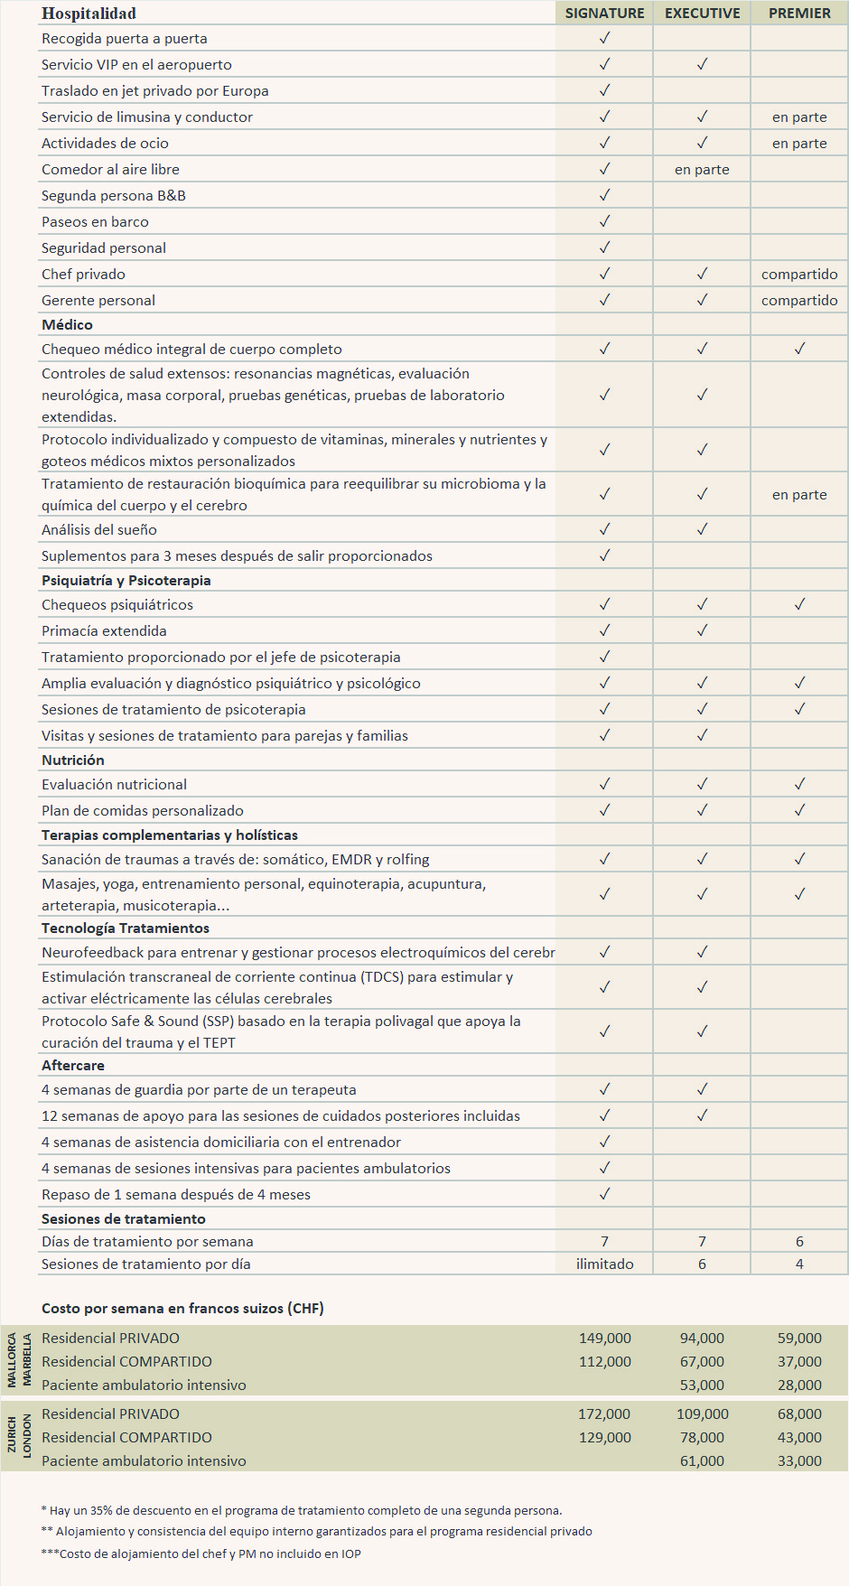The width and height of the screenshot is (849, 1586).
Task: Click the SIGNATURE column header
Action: [604, 14]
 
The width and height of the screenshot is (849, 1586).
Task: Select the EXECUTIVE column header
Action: [702, 14]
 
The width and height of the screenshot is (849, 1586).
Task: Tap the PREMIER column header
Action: [799, 14]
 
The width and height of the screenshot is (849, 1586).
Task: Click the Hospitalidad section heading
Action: [89, 14]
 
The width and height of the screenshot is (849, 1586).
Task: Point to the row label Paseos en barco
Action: [95, 222]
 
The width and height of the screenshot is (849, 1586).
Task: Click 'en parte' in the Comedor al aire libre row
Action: [702, 170]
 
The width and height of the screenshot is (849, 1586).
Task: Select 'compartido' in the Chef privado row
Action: [799, 275]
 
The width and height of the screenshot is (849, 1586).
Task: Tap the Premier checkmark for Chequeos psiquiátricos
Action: [799, 604]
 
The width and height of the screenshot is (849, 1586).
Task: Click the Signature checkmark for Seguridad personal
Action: [604, 247]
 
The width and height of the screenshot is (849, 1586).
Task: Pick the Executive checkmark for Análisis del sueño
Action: [702, 529]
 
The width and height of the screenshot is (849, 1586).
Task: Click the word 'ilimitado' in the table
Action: [604, 1264]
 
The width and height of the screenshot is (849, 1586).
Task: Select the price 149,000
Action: [604, 1339]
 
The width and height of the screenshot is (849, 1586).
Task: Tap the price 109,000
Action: [702, 1414]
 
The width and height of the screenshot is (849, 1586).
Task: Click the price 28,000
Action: [799, 1385]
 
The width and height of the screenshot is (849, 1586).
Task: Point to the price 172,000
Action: [604, 1414]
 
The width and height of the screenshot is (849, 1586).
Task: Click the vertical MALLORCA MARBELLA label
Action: [19, 1361]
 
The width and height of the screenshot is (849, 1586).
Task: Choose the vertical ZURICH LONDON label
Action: [19, 1436]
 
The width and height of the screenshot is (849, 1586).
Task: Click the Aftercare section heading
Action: [73, 1066]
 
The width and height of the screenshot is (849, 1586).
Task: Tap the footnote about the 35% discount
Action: [302, 1510]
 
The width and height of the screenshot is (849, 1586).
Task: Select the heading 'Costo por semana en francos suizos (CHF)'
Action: [182, 1309]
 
